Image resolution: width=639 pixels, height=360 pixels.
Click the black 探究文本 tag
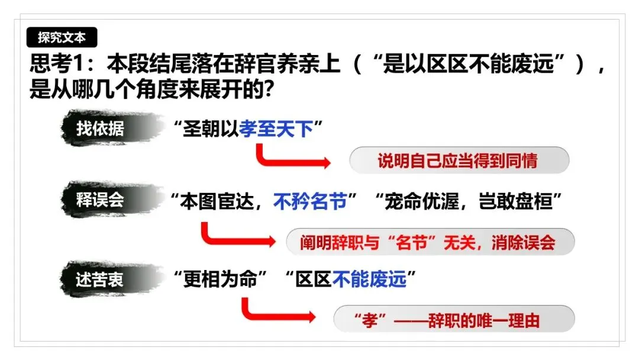coord(62,38)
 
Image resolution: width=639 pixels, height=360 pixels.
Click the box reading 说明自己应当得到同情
coord(459,160)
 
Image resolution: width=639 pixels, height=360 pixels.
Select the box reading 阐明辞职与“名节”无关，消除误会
coord(430,242)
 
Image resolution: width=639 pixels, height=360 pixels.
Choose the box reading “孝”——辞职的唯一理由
coord(454,320)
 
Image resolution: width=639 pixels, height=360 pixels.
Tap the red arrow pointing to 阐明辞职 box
coord(236,237)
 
